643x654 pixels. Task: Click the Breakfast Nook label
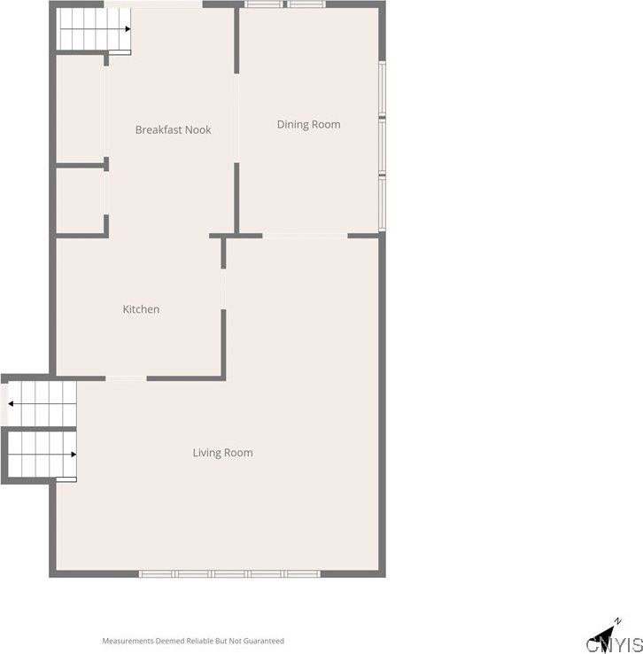pos(173,129)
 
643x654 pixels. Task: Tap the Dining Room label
pos(308,124)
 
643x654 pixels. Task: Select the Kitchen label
pos(141,309)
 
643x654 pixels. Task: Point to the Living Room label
pos(222,453)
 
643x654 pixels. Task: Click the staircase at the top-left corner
pos(93,30)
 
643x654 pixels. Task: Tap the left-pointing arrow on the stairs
pos(11,403)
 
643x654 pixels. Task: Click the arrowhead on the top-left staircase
pos(128,28)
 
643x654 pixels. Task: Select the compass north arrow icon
pos(616,624)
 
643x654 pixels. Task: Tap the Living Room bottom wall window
pos(229,573)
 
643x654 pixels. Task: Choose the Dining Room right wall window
pos(382,147)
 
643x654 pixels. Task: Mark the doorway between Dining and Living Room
pos(305,235)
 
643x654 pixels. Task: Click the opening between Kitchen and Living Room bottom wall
pos(126,378)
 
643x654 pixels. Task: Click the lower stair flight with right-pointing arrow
pos(41,454)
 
